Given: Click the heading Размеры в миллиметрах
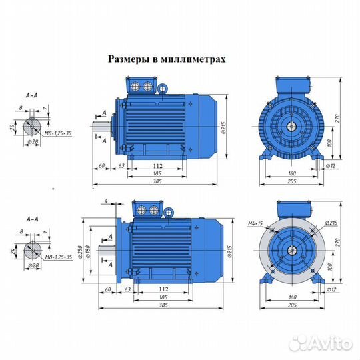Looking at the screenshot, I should (167, 59).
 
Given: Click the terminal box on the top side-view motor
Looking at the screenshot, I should (143, 87).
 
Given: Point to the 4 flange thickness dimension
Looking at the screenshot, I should (105, 200).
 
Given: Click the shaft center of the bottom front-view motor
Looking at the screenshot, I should (293, 249).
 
